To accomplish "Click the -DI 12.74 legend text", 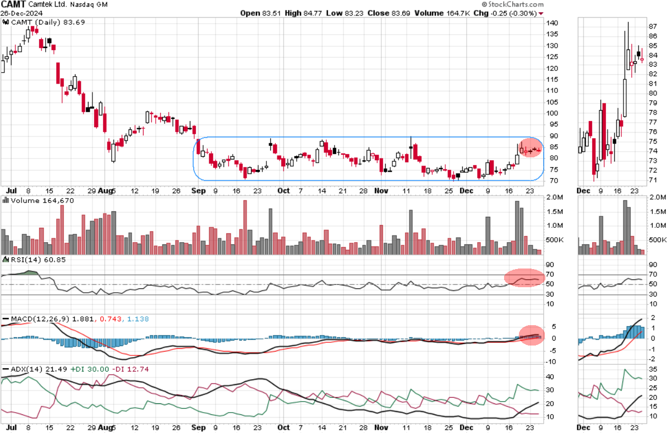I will click(x=126, y=369).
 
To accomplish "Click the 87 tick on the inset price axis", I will click(x=653, y=26).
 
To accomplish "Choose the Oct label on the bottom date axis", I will click(x=283, y=190).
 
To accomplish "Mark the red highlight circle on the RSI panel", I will click(x=524, y=279).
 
